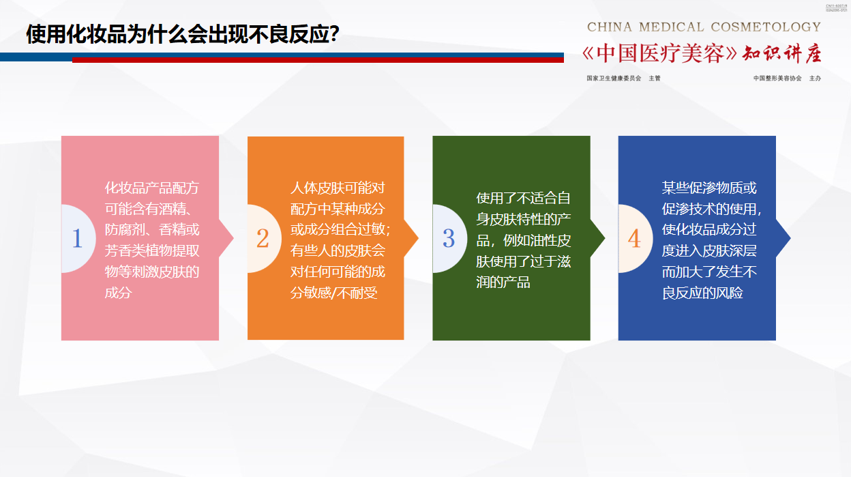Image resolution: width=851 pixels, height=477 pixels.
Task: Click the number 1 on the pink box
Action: [x=77, y=238]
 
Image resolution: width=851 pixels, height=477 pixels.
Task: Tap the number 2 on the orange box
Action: [x=263, y=238]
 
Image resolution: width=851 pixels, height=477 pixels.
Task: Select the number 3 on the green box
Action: [x=448, y=238]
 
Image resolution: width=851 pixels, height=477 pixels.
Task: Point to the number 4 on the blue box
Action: [x=634, y=238]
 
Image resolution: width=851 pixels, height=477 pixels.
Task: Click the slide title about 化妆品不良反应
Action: [x=183, y=34]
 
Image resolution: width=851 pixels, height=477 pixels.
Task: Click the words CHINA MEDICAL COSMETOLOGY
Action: [x=704, y=27]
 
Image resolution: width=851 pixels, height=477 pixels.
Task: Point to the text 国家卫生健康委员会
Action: [x=614, y=78]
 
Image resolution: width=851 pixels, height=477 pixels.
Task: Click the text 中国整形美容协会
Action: [x=777, y=78]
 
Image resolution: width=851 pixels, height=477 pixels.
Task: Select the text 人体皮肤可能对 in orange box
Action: [x=338, y=188]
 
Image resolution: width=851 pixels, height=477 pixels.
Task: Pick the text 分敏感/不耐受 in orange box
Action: [x=334, y=293]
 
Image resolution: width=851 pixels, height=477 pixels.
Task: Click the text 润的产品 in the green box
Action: [x=503, y=282]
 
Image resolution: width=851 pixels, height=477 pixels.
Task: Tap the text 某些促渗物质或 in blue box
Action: [x=709, y=188]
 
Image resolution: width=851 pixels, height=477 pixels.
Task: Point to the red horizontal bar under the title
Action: [x=318, y=60]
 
